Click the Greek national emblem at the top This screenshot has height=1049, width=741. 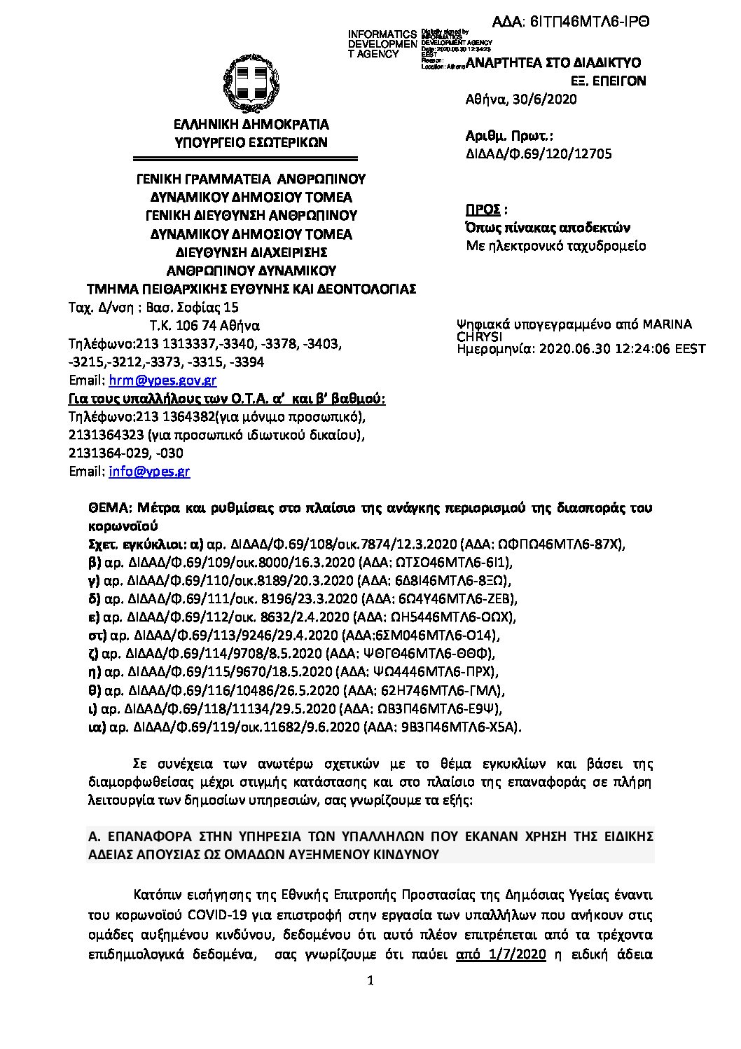pyautogui.click(x=251, y=83)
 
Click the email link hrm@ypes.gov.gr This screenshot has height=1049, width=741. pyautogui.click(x=162, y=380)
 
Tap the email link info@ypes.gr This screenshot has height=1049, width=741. pyautogui.click(x=149, y=472)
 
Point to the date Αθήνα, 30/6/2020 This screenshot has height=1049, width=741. pyautogui.click(x=521, y=100)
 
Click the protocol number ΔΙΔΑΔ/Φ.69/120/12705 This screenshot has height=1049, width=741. pyautogui.click(x=539, y=154)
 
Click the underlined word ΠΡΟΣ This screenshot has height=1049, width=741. pyautogui.click(x=483, y=210)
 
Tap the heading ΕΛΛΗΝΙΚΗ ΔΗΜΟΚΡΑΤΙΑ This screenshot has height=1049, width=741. pyautogui.click(x=251, y=125)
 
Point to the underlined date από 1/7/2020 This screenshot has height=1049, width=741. pyautogui.click(x=500, y=954)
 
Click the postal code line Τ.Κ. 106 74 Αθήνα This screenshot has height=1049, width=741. pyautogui.click(x=205, y=326)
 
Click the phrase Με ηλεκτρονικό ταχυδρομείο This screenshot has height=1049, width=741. pyautogui.click(x=556, y=246)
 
